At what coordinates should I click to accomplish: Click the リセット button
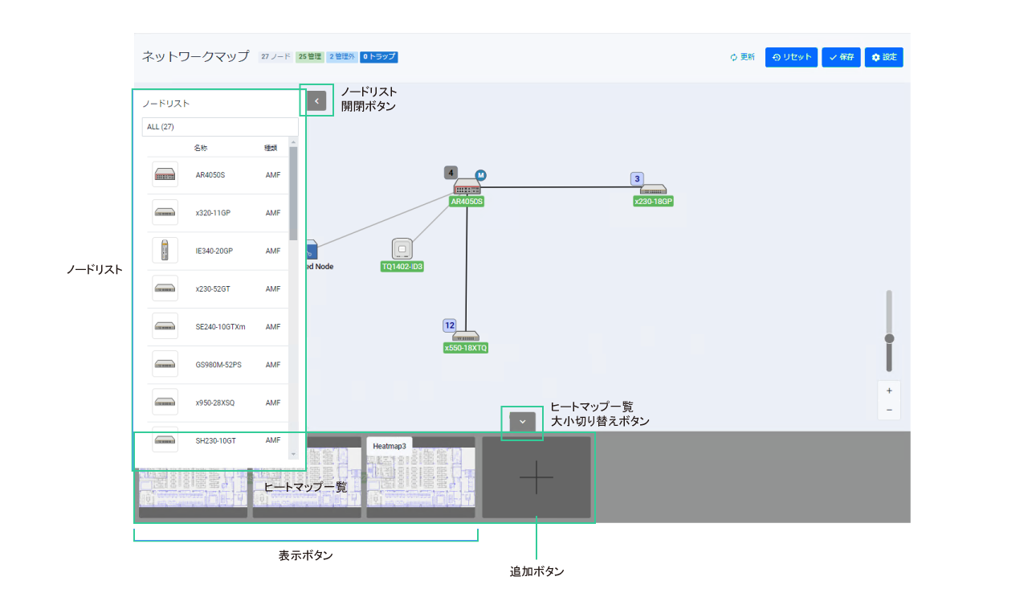coord(791,57)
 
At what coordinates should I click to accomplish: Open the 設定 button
coord(884,57)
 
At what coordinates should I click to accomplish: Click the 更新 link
coord(742,57)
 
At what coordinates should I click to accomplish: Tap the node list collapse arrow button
coord(316,100)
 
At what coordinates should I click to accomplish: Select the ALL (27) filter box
coord(219,127)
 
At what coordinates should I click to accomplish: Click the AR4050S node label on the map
coord(467,202)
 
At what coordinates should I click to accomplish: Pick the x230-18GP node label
coord(653,202)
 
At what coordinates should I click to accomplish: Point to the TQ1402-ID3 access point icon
coord(402,248)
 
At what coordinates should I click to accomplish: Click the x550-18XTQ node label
coord(466,348)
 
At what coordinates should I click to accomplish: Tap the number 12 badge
coord(450,325)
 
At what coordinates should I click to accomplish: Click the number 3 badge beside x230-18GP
coord(637,179)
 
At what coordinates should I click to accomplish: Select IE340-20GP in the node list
coord(215,251)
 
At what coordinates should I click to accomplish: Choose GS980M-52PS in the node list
coord(218,365)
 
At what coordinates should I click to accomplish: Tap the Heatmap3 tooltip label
coord(390,445)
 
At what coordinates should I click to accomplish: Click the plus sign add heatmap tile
coord(536,477)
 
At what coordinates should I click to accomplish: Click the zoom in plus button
coord(889,391)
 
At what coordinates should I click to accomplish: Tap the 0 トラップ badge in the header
coord(379,57)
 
